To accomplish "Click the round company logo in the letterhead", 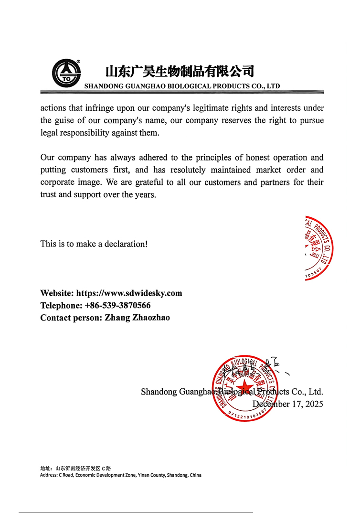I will click(x=66, y=73).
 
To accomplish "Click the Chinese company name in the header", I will click(x=179, y=71).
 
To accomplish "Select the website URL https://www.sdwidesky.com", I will click(x=129, y=293).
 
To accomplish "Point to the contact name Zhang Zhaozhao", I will click(x=137, y=318).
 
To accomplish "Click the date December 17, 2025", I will click(x=287, y=404).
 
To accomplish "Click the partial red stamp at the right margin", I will click(x=318, y=248).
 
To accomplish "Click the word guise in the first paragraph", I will click(x=64, y=120).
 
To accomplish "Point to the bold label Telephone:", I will click(x=61, y=305).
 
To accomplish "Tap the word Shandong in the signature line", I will click(x=159, y=392).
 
